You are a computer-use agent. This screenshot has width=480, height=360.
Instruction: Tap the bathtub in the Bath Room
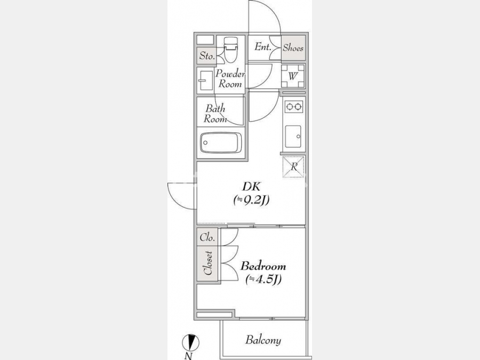221,142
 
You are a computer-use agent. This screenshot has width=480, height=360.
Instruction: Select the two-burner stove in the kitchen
293,107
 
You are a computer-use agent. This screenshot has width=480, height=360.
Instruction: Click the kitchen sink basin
293,137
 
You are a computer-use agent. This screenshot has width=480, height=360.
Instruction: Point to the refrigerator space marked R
293,166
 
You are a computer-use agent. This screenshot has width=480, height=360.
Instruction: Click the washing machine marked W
293,76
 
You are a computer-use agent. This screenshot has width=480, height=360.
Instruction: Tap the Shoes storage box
293,47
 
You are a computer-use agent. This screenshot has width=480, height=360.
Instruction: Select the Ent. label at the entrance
263,47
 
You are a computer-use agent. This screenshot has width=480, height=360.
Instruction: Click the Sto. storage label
207,55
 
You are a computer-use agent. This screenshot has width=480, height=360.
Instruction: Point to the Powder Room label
230,79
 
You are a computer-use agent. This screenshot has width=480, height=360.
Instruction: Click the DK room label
251,186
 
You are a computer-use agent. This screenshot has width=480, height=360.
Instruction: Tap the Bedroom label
263,266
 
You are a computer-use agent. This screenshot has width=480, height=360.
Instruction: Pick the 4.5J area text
263,279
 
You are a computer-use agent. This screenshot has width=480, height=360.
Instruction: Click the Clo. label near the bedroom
207,237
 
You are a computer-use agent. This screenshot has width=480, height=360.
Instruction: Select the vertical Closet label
208,263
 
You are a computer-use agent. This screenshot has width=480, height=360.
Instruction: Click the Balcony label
263,340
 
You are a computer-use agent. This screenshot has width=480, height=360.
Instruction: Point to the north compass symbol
190,342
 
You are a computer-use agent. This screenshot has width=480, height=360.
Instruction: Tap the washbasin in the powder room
205,81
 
